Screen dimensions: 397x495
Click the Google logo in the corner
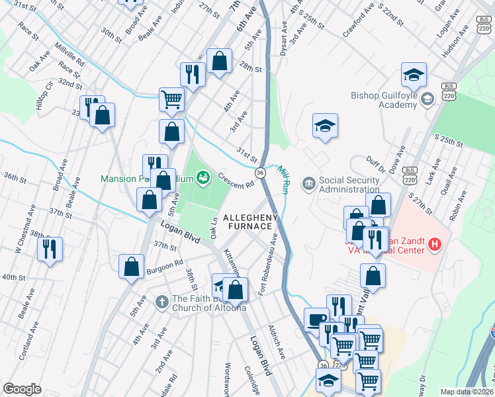[x=22, y=389]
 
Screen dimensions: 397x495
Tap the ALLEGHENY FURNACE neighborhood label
[x=248, y=222]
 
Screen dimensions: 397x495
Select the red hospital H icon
[x=434, y=245]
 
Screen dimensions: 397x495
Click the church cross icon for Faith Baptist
[x=161, y=302]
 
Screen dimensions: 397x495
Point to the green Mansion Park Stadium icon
[x=203, y=177]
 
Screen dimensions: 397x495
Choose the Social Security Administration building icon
[x=308, y=183]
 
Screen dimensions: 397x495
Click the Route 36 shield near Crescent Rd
[x=260, y=172]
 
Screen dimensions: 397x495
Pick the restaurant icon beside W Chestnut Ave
[x=50, y=249]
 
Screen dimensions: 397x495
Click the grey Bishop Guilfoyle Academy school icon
[x=427, y=99]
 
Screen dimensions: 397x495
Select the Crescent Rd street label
[x=236, y=181]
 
